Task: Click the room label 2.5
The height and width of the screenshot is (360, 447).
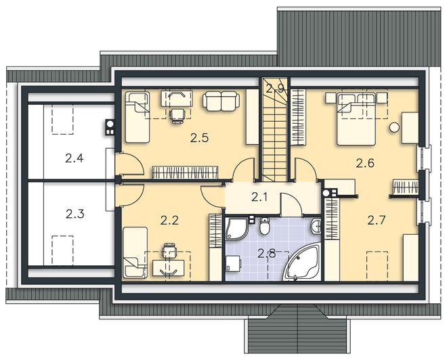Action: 200,138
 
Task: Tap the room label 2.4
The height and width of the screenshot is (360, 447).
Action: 74,158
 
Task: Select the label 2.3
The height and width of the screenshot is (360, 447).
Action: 75,214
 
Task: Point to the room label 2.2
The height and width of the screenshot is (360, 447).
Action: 169,220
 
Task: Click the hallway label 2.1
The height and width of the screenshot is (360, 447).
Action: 259,197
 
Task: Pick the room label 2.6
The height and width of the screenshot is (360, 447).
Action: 365,163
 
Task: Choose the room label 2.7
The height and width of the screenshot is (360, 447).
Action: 377,220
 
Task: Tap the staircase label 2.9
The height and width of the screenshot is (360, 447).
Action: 275,89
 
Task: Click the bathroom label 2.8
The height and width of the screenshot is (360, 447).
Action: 267,253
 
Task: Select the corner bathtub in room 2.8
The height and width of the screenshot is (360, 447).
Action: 303,263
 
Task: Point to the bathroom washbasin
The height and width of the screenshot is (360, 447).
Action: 316,227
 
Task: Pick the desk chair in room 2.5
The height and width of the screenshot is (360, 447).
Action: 177,116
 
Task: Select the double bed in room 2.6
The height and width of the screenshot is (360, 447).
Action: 356,120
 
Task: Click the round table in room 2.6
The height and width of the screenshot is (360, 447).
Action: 394,127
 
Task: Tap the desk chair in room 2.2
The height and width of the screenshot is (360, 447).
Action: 169,250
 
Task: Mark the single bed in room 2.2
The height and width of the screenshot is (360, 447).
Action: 135,252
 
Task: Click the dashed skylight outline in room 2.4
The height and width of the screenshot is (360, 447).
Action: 63,119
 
